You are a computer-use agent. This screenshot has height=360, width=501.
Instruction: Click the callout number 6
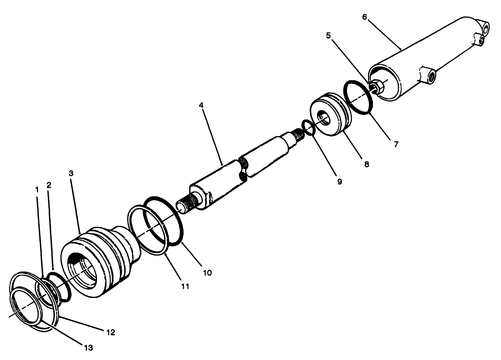[365, 17]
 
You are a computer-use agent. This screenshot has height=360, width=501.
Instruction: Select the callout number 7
[396, 144]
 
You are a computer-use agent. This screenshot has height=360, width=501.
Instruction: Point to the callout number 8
[366, 164]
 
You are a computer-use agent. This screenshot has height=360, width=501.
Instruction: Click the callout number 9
[340, 182]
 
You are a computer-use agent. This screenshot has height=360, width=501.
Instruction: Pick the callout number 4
[201, 105]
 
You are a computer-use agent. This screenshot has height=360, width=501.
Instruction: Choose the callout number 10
[207, 272]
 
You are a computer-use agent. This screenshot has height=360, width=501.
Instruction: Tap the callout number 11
[185, 286]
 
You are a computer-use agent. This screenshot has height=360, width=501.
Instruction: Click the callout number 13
[89, 347]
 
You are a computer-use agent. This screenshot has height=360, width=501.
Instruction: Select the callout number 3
[71, 173]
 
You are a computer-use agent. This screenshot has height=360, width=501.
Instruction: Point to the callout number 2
[49, 185]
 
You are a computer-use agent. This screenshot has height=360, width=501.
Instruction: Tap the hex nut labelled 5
[378, 87]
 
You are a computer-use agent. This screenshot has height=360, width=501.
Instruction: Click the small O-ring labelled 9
[308, 127]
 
